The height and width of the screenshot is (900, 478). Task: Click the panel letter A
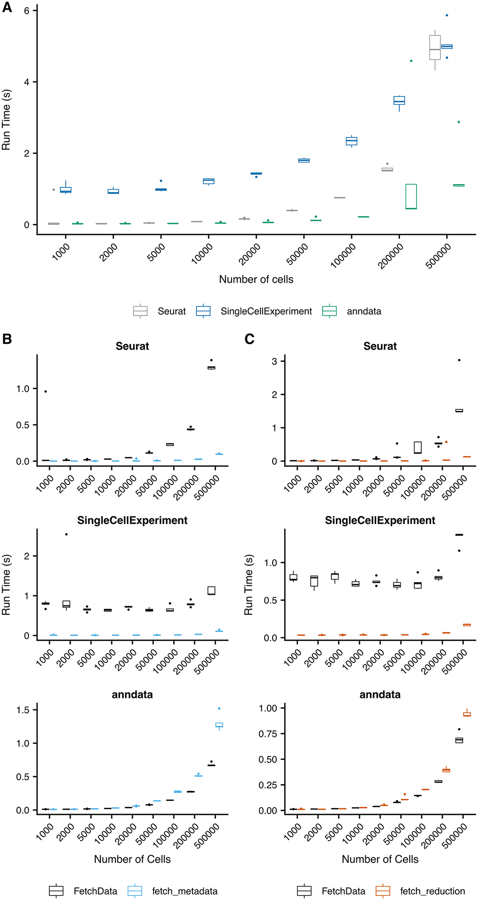[7, 7]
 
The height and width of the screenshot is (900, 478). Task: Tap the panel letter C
[250, 339]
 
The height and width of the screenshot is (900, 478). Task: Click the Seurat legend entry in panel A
[160, 311]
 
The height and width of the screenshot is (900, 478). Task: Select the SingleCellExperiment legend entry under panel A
[254, 311]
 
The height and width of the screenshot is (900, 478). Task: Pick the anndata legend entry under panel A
[352, 311]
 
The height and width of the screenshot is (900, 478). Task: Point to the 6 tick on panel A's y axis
[27, 11]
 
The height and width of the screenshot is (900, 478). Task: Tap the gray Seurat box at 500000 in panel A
[435, 48]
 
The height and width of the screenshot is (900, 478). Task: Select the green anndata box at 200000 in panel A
[411, 196]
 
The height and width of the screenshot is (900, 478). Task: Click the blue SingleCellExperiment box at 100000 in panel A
[352, 141]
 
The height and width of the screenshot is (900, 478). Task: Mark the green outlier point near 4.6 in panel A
[411, 61]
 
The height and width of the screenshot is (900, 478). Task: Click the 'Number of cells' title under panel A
[256, 279]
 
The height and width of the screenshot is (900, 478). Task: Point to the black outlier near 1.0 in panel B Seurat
[46, 391]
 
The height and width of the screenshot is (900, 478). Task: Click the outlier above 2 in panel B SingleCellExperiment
[66, 534]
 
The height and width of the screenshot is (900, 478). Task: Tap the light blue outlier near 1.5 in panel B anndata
[219, 709]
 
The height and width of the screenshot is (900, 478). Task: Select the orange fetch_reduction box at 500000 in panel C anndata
[467, 715]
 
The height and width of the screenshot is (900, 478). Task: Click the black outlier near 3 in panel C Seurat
[459, 360]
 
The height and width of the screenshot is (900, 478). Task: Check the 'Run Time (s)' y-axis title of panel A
[6, 120]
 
